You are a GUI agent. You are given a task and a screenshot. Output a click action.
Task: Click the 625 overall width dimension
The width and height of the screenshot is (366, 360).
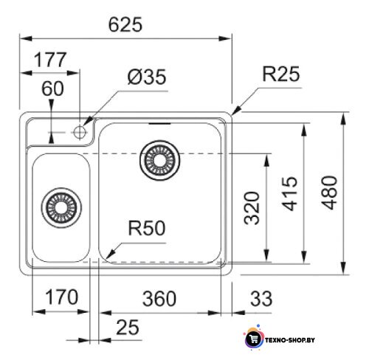point(125,24)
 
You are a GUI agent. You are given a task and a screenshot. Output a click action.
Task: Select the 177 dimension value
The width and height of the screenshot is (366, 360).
point(50,60)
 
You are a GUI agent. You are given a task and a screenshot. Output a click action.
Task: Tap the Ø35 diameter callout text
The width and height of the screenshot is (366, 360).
point(147,77)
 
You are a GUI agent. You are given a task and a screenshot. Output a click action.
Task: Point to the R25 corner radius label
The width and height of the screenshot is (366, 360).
point(281,74)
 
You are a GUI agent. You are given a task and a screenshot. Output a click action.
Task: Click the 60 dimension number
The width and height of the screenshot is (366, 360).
point(52,89)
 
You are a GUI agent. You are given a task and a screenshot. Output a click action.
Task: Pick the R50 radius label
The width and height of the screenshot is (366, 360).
point(147,228)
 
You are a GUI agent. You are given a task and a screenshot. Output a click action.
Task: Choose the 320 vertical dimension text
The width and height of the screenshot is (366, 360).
point(252,208)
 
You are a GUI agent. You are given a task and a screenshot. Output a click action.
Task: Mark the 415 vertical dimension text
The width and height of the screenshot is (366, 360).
point(289,193)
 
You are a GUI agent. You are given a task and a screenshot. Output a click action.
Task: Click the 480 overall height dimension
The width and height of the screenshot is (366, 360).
point(329,193)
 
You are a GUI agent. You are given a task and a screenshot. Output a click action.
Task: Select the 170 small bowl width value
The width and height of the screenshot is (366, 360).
point(62,297)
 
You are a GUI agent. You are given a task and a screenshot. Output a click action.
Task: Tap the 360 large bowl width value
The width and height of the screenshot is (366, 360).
point(159,299)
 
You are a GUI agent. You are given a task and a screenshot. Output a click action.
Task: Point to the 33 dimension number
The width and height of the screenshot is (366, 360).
point(261,298)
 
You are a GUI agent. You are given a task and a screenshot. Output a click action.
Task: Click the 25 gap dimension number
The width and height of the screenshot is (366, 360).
point(128,328)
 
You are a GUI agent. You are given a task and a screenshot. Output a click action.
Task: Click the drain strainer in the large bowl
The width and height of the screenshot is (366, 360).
point(160,160)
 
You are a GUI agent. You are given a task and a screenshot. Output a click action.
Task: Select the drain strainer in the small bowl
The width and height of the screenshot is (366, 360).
point(61,208)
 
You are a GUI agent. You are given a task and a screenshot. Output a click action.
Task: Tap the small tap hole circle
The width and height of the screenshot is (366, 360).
point(80,132)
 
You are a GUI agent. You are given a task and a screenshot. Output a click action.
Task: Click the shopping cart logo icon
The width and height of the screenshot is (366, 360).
point(254,339)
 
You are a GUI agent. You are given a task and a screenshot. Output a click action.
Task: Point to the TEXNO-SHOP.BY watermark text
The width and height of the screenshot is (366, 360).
point(290,340)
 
